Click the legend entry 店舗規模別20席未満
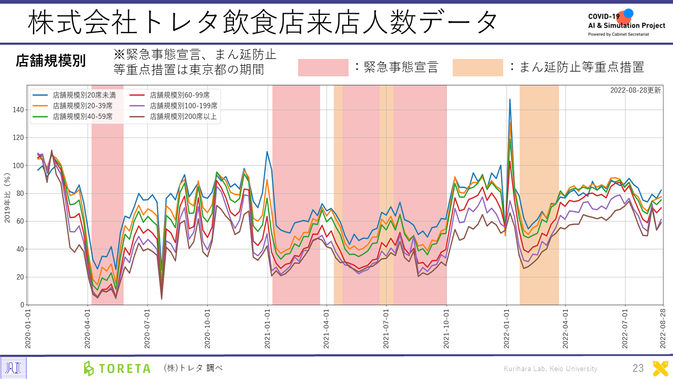[x=79, y=96]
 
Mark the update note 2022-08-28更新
[x=636, y=90]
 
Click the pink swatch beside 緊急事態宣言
[x=323, y=67]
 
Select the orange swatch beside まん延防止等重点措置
[x=477, y=67]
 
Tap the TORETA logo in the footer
[x=117, y=368]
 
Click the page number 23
[x=638, y=368]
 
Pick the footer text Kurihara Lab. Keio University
[x=550, y=368]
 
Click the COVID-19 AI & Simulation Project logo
[x=626, y=22]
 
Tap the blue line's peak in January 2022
[x=509, y=99]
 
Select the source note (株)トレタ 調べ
[x=193, y=368]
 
